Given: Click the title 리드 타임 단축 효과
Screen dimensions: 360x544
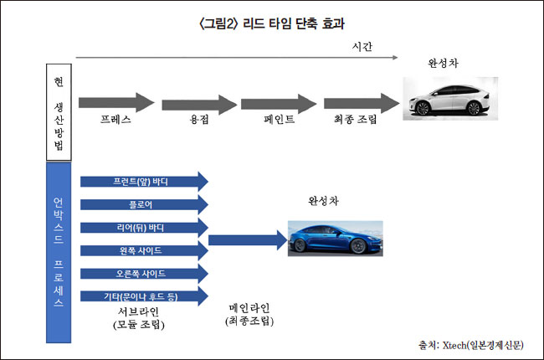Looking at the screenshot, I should pos(271,23).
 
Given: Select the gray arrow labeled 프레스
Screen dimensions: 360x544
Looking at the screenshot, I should pos(117,103).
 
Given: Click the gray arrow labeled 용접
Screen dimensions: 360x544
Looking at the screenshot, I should pos(198,104).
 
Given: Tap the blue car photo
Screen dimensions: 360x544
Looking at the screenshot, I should pos(335,238).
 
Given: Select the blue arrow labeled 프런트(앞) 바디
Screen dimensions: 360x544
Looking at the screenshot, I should pos(143,181).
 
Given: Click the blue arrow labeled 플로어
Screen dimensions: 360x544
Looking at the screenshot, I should pos(143,204).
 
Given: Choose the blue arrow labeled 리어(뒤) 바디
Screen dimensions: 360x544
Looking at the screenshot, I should pos(143,227).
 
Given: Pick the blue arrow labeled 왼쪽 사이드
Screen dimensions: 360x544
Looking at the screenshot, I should pos(143,250).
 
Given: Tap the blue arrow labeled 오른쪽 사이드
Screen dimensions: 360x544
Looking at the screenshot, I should pos(143,273).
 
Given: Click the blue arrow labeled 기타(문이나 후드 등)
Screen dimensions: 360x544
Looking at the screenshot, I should pos(143,296).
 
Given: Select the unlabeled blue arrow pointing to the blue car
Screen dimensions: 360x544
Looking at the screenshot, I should pos(244,240).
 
